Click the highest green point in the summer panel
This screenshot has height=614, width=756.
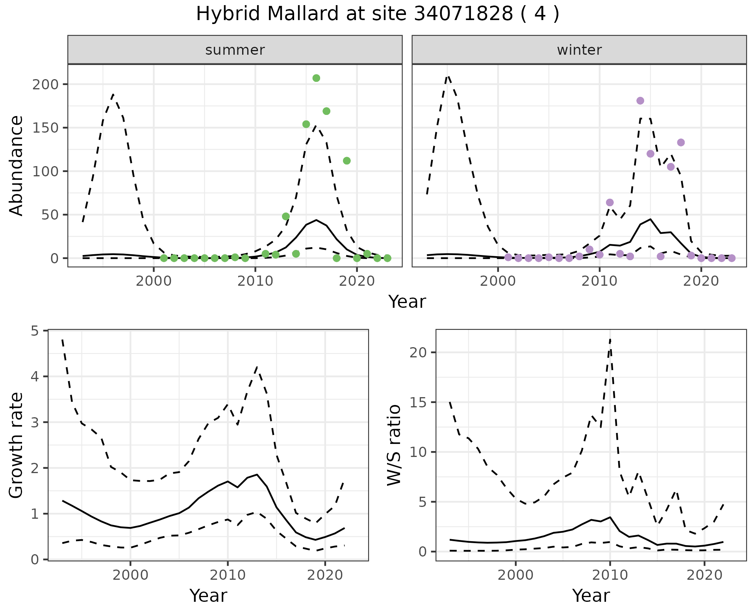click(x=316, y=78)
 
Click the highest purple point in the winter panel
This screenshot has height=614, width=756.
click(x=640, y=101)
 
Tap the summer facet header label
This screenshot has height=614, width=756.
click(x=235, y=50)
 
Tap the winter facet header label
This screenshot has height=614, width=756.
click(x=579, y=50)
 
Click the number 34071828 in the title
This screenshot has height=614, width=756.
click(x=463, y=14)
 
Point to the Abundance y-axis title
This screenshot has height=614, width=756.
click(x=17, y=165)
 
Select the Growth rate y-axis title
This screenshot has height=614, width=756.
click(x=17, y=445)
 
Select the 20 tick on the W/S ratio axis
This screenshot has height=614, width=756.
click(x=418, y=352)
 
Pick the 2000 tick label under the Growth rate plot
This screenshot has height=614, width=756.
click(x=130, y=575)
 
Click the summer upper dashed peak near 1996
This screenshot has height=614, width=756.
click(x=113, y=94)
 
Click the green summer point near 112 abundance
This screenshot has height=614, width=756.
click(x=347, y=161)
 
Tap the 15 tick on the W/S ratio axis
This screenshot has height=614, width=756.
click(x=418, y=402)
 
